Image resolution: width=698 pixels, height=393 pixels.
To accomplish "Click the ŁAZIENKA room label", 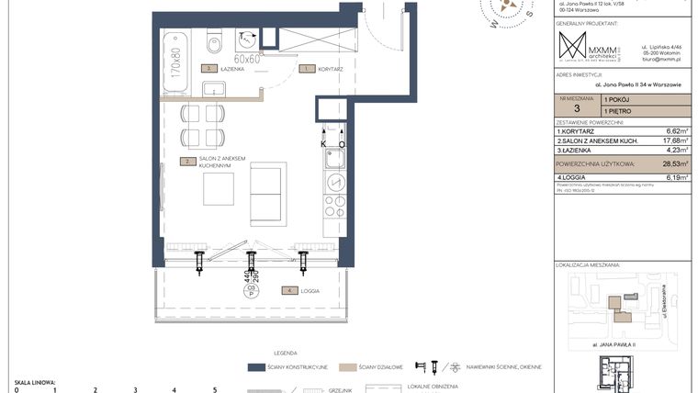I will (231, 68).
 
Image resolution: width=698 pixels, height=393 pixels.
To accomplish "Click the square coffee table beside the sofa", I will (220, 188).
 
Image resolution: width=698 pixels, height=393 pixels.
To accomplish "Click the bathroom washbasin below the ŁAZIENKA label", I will (214, 89).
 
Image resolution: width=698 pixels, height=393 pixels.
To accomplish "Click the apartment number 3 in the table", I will (576, 108).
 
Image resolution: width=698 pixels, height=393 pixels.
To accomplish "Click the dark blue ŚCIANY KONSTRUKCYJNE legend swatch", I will (256, 366).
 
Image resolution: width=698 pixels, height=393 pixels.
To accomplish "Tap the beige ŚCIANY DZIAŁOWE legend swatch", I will (347, 366).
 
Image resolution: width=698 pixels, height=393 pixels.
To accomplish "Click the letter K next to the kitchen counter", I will (323, 144).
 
